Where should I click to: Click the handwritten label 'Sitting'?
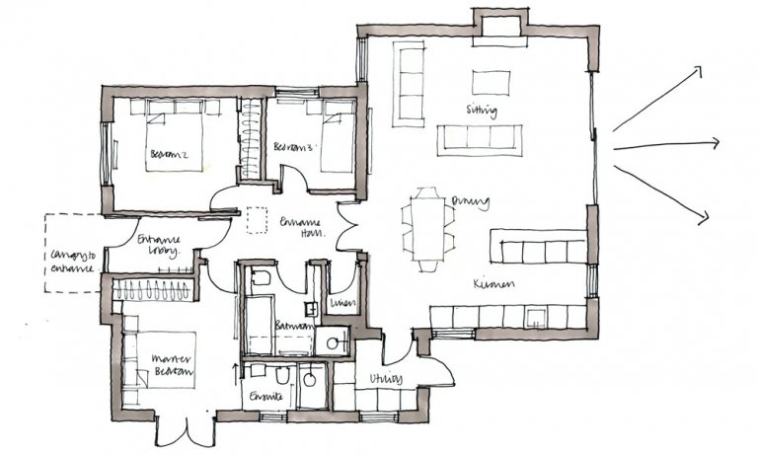pos(483,110)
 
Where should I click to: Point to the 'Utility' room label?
pos(385,378)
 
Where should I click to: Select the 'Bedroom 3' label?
pos(293,147)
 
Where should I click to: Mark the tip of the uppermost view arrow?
pos(701,69)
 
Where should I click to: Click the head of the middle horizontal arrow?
pos(718,143)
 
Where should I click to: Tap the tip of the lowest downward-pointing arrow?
pos(707,220)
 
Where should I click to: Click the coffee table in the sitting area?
pos(491,81)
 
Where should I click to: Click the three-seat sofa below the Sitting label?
pos(482,138)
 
